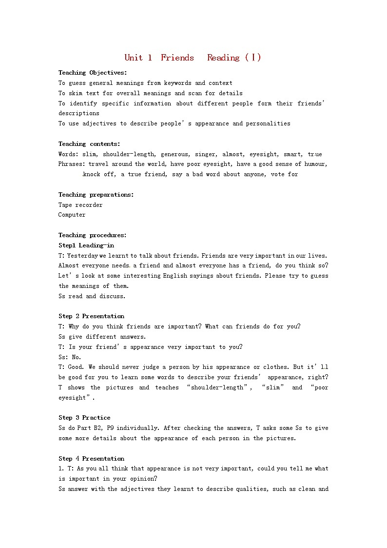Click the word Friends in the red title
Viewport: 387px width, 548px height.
coord(177,58)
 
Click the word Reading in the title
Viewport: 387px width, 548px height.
coord(223,58)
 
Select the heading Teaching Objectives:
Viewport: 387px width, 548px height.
coord(93,73)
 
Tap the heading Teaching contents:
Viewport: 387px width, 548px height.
coord(89,144)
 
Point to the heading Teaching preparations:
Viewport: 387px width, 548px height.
coord(96,195)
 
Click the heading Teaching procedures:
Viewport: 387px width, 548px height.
coord(93,235)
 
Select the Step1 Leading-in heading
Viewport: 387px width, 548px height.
coord(86,245)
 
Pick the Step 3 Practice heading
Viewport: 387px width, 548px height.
coord(84,418)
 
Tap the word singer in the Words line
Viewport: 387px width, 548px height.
coord(205,154)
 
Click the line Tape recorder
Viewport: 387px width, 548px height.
coord(80,205)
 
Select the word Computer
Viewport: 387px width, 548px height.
coord(72,215)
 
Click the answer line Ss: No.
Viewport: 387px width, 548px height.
coord(70,357)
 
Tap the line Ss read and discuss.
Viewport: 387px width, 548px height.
coord(92,296)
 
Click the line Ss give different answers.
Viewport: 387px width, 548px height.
coord(102,337)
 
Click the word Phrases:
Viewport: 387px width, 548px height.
coord(72,164)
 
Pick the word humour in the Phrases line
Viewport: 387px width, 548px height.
coord(315,164)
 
